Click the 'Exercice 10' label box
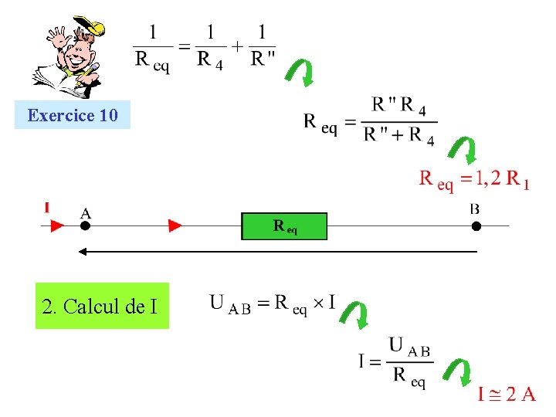[73, 116]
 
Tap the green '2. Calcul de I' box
[101, 307]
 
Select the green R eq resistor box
[284, 226]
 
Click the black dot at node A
[85, 225]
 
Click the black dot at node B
[476, 225]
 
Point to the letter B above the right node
[474, 208]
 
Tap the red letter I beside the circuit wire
[47, 208]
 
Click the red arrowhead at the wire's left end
[57, 225]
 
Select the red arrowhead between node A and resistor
[175, 225]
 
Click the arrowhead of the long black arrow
[80, 252]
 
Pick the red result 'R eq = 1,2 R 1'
[473, 180]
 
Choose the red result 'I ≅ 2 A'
[507, 395]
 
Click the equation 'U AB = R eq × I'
[272, 303]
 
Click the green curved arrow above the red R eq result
[463, 151]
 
